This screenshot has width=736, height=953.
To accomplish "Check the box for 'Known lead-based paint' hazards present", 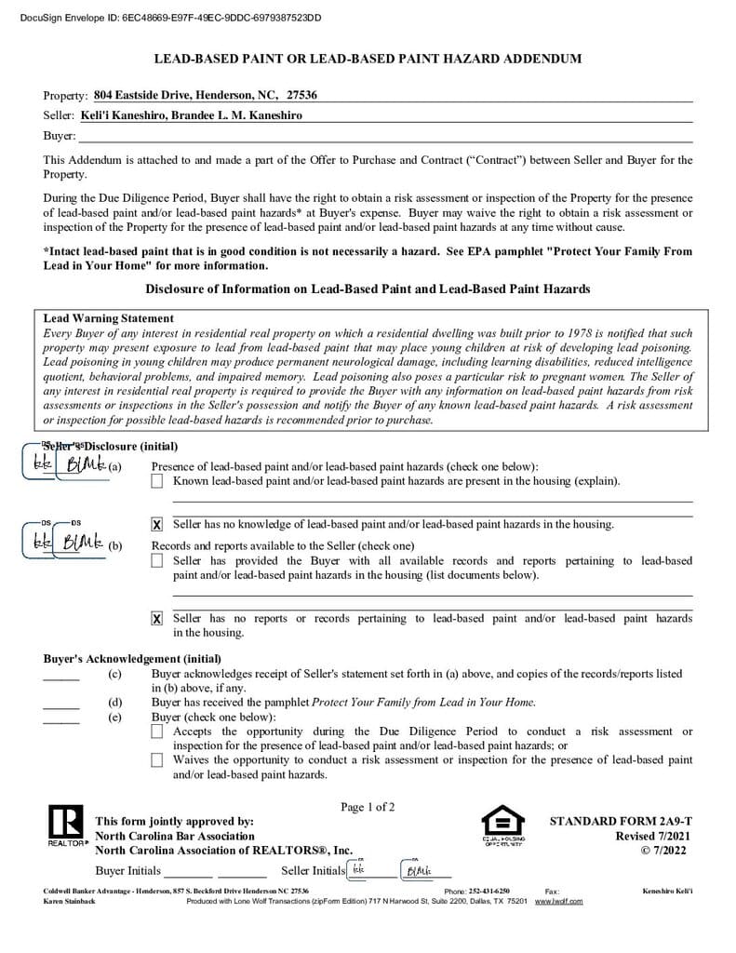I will (157, 481).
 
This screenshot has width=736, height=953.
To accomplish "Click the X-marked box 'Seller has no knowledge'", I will (157, 525).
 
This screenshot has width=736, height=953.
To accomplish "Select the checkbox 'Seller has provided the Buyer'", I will (157, 560).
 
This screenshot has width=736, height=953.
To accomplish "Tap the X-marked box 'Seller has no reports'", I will (157, 619).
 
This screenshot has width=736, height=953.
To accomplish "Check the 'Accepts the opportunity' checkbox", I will (157, 732).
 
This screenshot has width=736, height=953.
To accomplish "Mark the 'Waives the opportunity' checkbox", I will (157, 760).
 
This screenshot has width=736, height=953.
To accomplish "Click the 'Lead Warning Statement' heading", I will (109, 318).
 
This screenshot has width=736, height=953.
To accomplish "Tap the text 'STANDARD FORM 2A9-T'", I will (621, 822).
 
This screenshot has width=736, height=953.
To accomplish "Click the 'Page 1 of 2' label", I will (368, 807).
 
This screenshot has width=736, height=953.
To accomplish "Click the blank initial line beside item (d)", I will (61, 707).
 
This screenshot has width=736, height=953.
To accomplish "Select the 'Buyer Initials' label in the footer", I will (128, 871).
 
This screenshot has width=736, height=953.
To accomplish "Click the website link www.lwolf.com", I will (558, 901).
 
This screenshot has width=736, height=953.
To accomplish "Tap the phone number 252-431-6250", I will (488, 891).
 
